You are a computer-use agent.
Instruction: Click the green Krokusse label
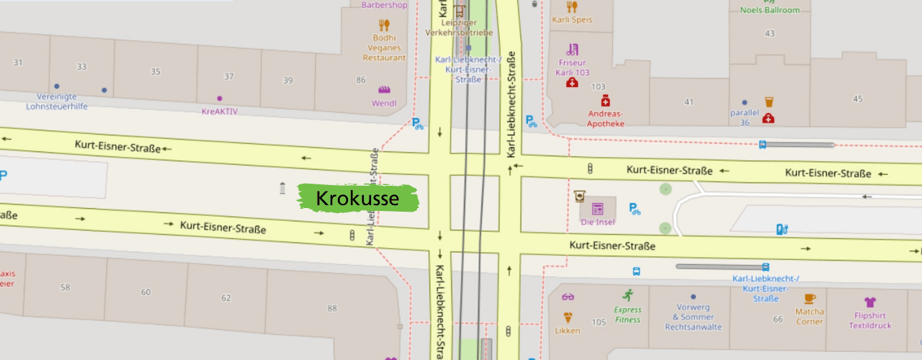point(358,198)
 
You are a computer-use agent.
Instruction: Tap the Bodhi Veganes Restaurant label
point(384,48)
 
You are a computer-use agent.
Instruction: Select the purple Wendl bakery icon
point(384,90)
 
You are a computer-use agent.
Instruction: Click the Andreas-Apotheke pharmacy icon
point(605,100)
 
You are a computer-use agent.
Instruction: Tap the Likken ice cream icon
point(568,318)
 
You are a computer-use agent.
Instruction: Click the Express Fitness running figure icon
point(628,294)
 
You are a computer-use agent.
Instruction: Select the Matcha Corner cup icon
point(810,297)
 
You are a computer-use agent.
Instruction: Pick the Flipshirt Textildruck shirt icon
point(869,302)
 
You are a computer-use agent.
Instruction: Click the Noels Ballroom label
point(770,9)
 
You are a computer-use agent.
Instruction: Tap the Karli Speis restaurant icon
point(572,7)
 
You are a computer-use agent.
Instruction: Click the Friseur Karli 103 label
point(573,67)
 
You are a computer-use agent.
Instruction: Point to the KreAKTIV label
point(220,111)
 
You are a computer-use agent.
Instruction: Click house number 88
point(331,309)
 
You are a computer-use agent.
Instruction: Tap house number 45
point(857,99)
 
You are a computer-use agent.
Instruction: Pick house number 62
point(226,297)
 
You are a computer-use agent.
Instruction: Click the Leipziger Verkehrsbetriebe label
point(469,27)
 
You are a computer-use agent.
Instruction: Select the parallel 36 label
point(745,117)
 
